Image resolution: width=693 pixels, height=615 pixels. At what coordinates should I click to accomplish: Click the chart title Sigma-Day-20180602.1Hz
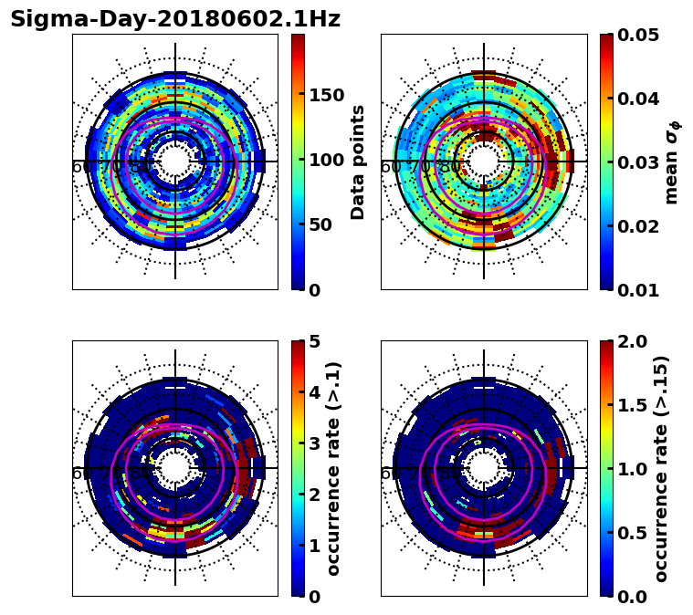[175, 19]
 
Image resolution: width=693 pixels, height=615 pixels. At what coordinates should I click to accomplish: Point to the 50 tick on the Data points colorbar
[320, 224]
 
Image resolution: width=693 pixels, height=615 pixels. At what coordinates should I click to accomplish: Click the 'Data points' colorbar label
[358, 162]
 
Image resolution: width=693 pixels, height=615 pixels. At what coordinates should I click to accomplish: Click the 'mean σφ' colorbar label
[672, 162]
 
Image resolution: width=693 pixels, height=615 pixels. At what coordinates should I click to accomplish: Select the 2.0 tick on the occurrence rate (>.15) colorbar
[629, 341]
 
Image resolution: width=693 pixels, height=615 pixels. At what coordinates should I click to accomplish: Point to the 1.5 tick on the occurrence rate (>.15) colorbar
[629, 405]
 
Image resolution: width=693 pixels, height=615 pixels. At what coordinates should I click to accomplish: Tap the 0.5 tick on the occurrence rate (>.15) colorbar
[629, 532]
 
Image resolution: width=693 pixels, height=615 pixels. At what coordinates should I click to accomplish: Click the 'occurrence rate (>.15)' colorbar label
[661, 468]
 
